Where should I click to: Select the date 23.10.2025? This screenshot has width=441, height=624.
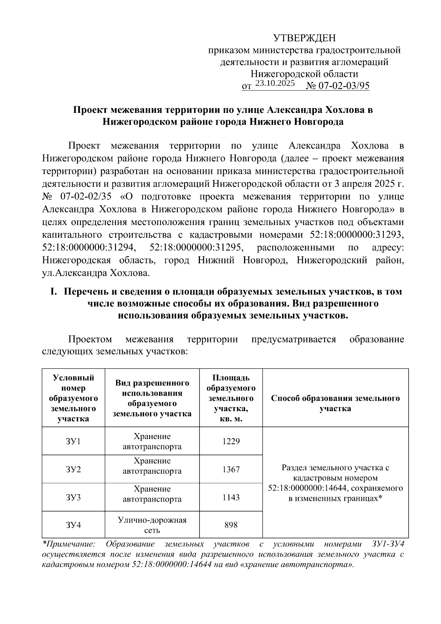275,83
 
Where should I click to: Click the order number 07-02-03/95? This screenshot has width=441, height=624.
344,86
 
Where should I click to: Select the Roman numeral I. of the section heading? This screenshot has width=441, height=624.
54,292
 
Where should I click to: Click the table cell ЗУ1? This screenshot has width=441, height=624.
73,441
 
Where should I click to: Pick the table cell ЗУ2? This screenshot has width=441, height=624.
73,470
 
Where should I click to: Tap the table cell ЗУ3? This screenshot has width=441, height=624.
73,498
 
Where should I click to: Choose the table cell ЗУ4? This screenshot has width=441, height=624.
73,525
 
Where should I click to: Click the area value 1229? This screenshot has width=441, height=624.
231,441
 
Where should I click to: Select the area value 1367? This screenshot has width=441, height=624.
231,470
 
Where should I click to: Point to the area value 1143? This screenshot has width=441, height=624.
231,498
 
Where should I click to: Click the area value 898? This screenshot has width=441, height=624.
231,525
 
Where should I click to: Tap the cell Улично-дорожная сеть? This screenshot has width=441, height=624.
152,525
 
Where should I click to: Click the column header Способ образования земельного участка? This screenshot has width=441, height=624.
335,403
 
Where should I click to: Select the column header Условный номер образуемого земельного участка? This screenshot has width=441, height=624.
73,398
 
